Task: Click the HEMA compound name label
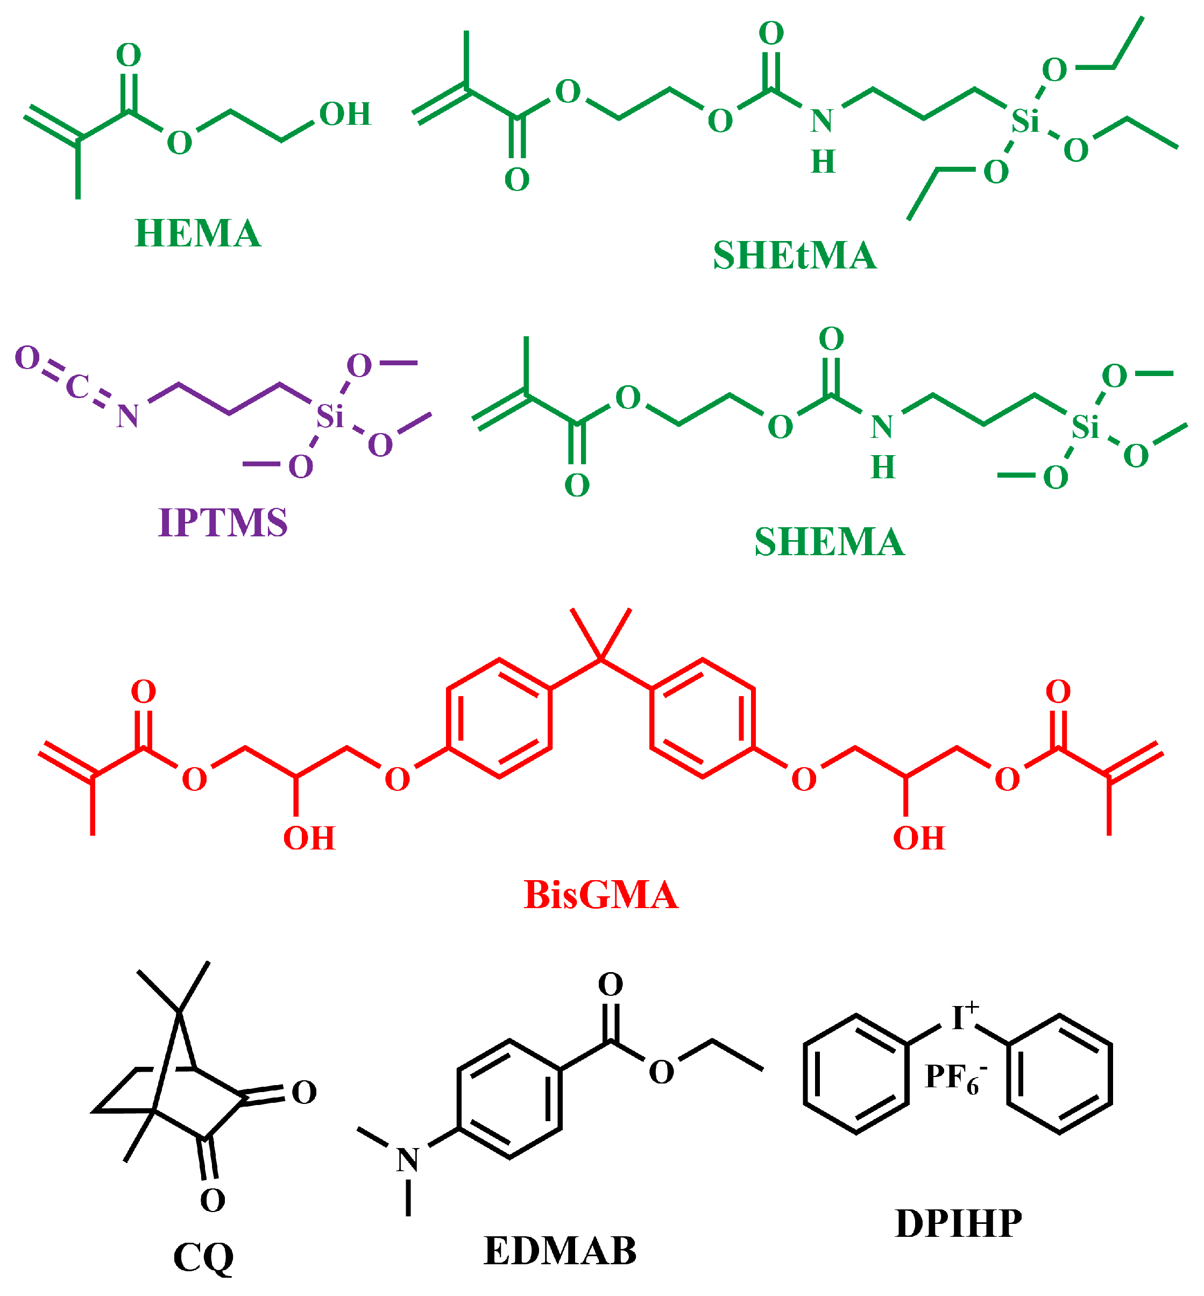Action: tap(197, 233)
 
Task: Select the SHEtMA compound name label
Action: tap(794, 256)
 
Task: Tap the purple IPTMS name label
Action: tap(223, 522)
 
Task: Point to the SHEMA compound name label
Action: tap(830, 542)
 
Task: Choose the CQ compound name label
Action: tap(203, 1258)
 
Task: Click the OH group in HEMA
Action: tap(345, 114)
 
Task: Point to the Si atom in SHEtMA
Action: tap(1025, 121)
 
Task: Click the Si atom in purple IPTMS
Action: tap(330, 416)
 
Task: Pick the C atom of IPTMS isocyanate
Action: tap(77, 386)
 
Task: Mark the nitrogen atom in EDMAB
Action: tap(408, 1160)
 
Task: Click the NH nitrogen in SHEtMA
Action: tap(822, 121)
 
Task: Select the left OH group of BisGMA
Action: tap(309, 839)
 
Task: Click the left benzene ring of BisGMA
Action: tap(499, 718)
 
